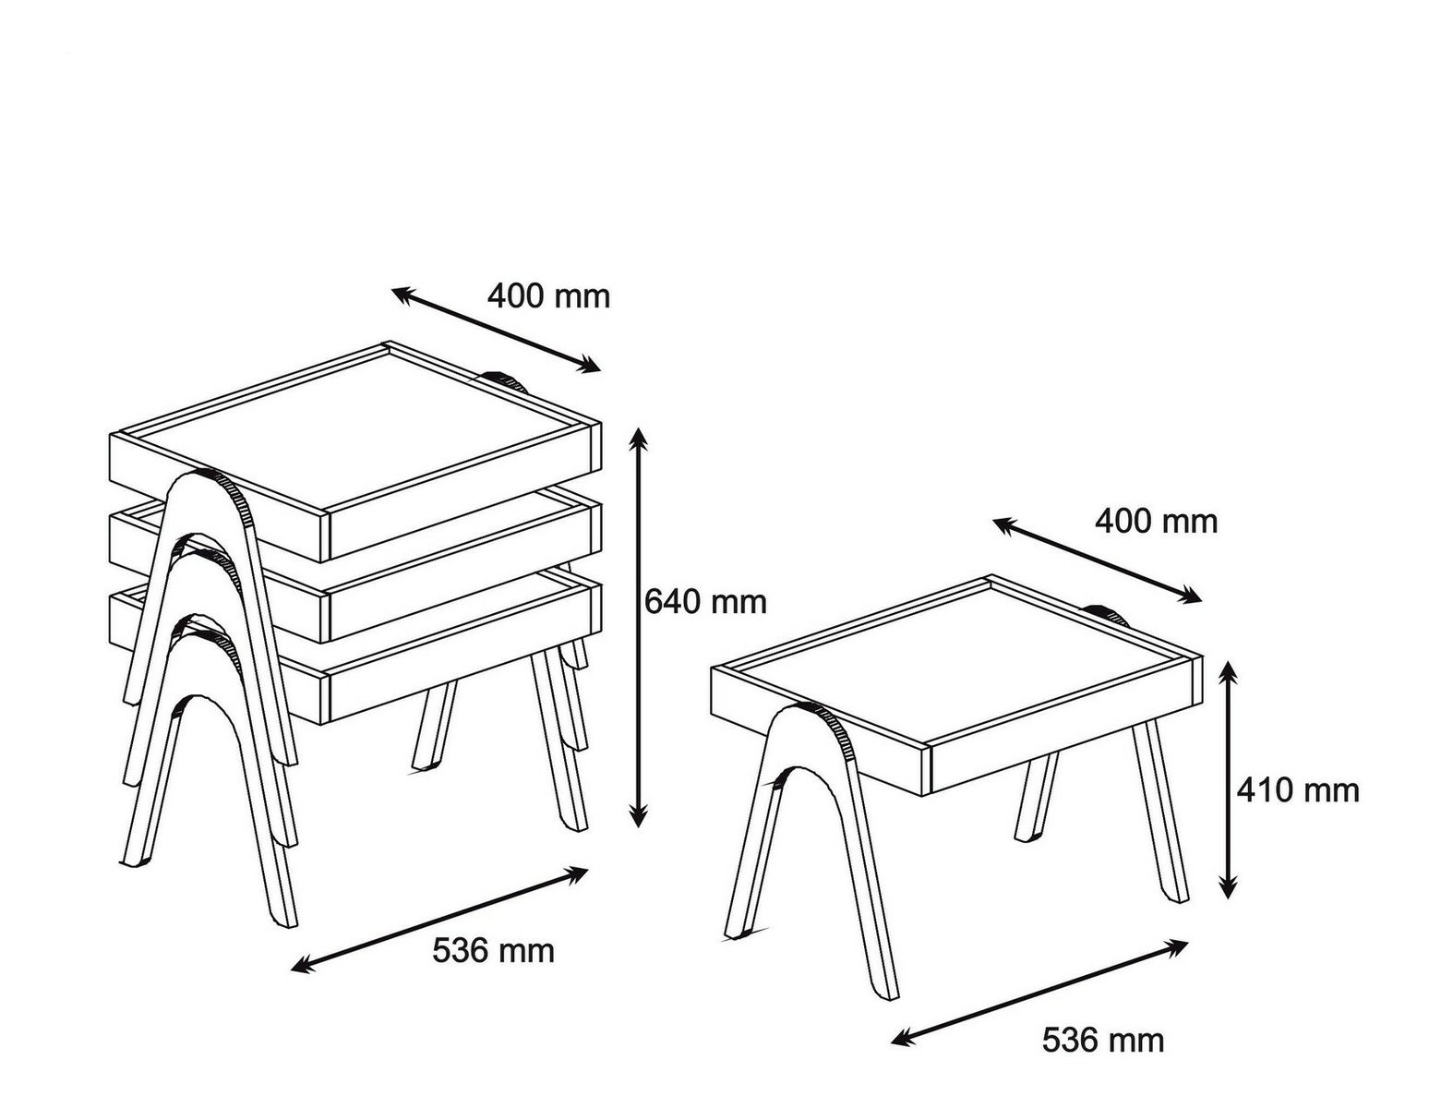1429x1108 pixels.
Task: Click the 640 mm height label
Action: pos(705,602)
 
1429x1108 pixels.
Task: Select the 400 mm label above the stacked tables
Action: pos(548,295)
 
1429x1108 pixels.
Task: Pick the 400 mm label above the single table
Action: pos(1156,522)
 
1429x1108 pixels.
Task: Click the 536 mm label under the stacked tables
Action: pos(493,951)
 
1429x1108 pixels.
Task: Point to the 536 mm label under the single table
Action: pos(1103,1041)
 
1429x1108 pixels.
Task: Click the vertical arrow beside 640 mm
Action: pos(637,627)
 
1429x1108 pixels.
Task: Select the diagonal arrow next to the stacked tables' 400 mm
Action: pos(496,330)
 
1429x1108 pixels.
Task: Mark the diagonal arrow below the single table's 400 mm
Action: pos(1097,560)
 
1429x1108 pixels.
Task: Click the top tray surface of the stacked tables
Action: pos(355,433)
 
